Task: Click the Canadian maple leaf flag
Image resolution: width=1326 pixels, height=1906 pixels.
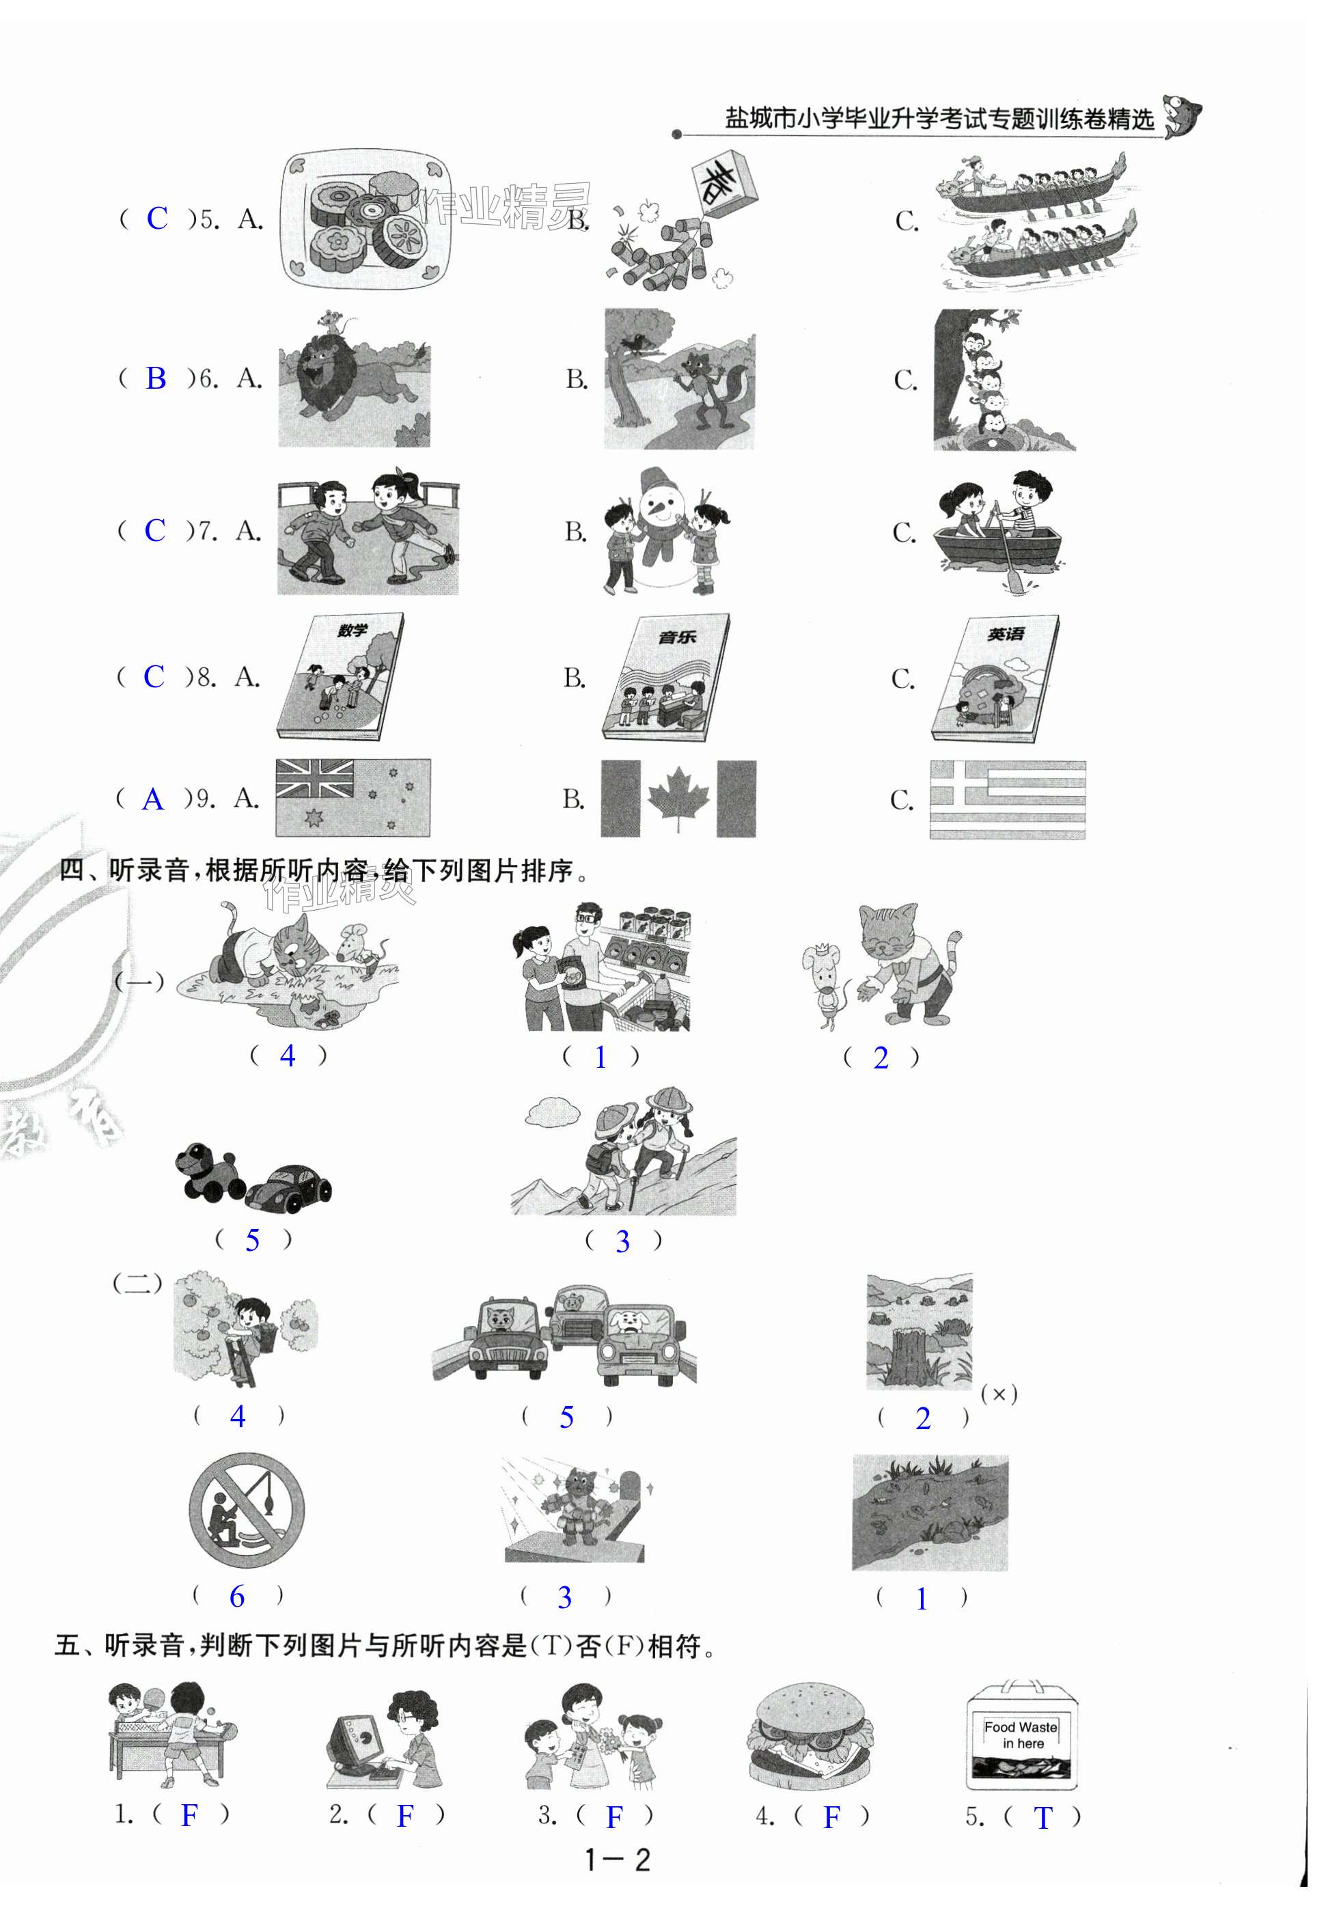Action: pos(678,799)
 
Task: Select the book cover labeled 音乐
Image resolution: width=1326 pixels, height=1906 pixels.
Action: pos(665,678)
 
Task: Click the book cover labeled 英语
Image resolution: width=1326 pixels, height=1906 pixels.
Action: pos(995,678)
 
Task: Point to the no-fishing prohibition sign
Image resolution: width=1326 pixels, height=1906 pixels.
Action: pos(247,1510)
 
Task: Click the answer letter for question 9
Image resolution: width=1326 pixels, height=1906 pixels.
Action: pos(153,799)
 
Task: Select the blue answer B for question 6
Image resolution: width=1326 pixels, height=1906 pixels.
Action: pos(155,378)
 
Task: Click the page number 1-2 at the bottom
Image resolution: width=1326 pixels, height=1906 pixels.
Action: pos(617,1860)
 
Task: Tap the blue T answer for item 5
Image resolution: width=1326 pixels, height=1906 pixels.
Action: pos(1043,1817)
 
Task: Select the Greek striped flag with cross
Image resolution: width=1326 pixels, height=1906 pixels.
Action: pos(1007,799)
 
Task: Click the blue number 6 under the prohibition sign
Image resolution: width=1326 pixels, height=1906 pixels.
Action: pos(236,1596)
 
